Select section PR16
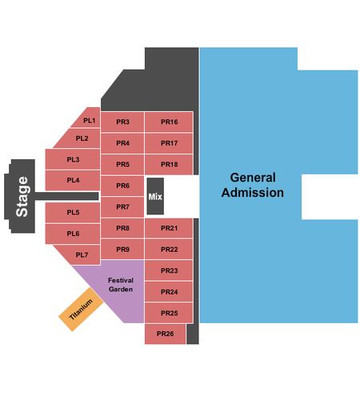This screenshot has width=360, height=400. click(x=169, y=122)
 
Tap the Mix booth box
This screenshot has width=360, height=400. click(x=155, y=196)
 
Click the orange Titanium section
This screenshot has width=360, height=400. click(x=81, y=310)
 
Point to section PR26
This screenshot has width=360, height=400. click(x=165, y=334)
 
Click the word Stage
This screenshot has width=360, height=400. click(x=22, y=197)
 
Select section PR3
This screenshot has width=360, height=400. click(x=122, y=122)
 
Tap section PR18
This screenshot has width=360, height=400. click(x=169, y=164)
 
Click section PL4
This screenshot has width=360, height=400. click(x=73, y=180)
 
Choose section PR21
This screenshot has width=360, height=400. click(x=169, y=228)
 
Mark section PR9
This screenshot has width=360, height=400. click(x=122, y=250)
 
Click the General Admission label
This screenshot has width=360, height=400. click(x=253, y=185)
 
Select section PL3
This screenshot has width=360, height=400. click(x=73, y=159)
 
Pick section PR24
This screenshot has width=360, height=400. click(x=169, y=292)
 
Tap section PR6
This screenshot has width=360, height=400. click(x=122, y=186)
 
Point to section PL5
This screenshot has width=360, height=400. click(x=73, y=212)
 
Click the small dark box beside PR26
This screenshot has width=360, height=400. click(x=193, y=334)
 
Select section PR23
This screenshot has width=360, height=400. click(x=169, y=270)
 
